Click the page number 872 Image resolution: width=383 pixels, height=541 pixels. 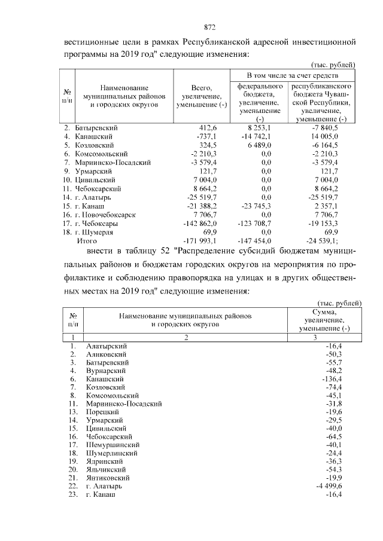click(x=209, y=27)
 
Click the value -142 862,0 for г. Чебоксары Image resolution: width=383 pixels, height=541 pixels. click(x=204, y=223)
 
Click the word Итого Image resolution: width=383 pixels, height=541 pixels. click(x=87, y=240)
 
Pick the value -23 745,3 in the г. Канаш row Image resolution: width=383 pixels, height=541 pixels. click(x=256, y=206)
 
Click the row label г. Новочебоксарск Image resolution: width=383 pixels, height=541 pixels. click(x=106, y=215)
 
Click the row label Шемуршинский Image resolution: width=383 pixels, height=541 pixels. click(x=113, y=445)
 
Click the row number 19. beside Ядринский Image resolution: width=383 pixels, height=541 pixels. click(x=72, y=462)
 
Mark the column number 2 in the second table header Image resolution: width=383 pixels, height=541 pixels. click(x=186, y=338)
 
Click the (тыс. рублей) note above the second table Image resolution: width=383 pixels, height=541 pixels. click(x=338, y=303)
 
